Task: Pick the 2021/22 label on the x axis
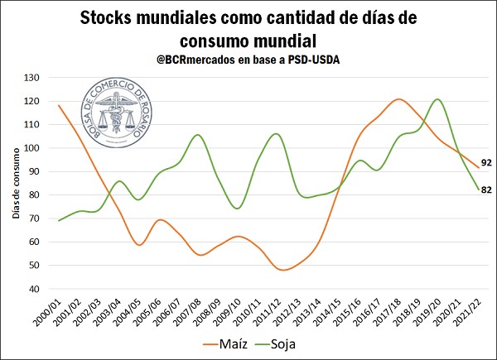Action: point(473,310)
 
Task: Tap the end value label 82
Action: point(487,190)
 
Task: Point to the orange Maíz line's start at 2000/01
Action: point(59,105)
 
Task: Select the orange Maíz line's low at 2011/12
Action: point(282,270)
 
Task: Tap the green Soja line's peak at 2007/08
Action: point(197,135)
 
